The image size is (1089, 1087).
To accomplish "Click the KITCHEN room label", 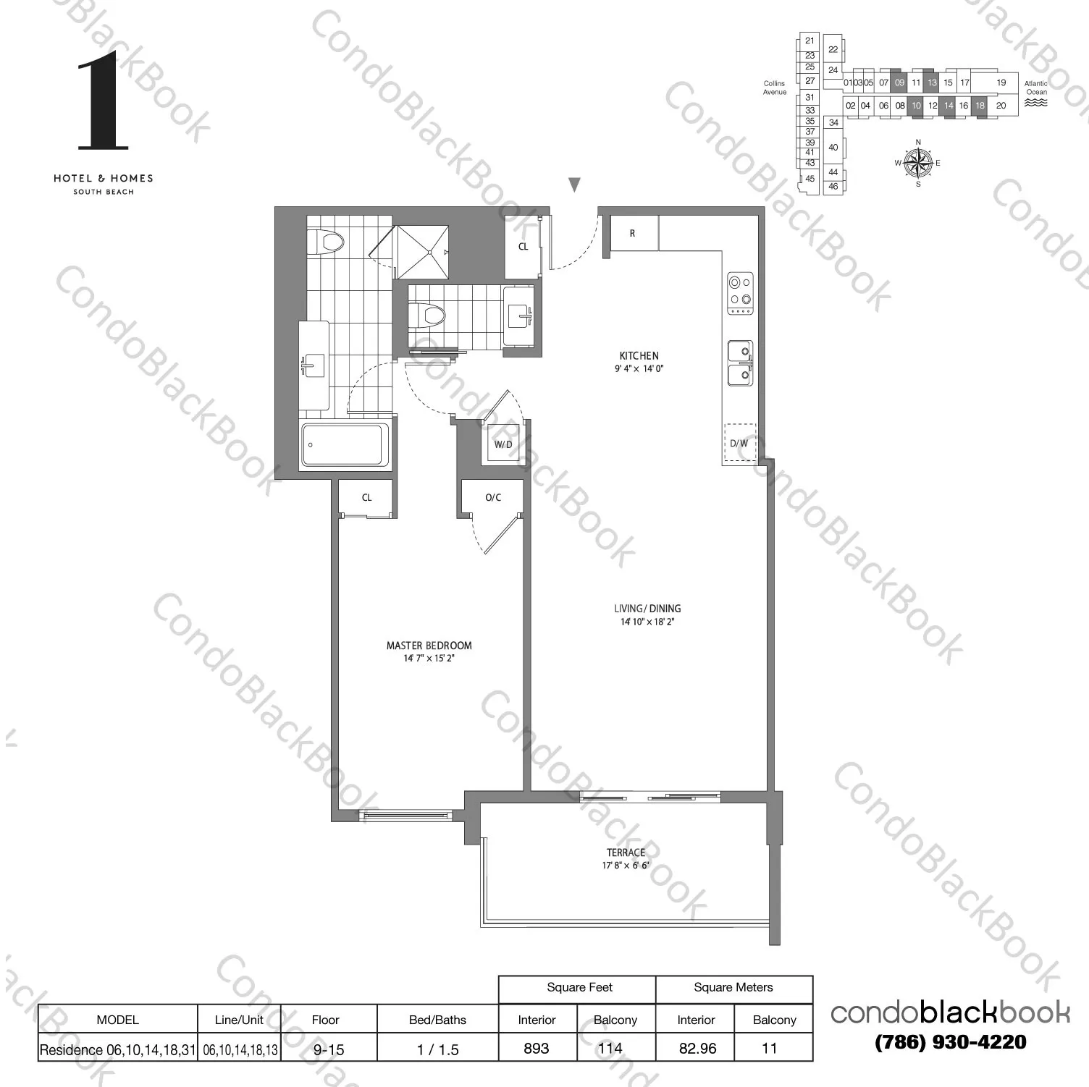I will (x=639, y=356).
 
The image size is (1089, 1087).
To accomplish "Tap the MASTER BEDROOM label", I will (x=429, y=646).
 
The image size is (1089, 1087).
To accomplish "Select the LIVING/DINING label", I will (x=647, y=609).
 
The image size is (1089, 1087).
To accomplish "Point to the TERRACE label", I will (x=626, y=853).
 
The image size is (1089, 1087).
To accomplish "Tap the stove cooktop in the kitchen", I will (x=740, y=293).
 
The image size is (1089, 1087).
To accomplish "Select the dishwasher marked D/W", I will (x=739, y=443).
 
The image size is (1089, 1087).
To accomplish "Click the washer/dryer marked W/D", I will (x=503, y=444).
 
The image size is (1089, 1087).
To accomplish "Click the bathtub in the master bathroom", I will (x=345, y=444).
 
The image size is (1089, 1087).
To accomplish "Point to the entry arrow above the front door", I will (x=574, y=185).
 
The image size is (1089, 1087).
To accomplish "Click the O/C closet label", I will (x=493, y=497).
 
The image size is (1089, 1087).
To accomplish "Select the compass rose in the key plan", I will (x=918, y=163).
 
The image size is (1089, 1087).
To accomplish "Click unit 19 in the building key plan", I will (x=1001, y=83).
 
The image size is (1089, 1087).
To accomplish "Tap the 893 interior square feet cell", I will (x=537, y=1048).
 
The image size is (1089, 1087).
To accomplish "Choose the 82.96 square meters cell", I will (x=697, y=1048).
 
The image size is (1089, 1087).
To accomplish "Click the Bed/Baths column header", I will (x=437, y=1020).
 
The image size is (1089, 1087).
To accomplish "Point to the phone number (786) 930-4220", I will (x=951, y=1042).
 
